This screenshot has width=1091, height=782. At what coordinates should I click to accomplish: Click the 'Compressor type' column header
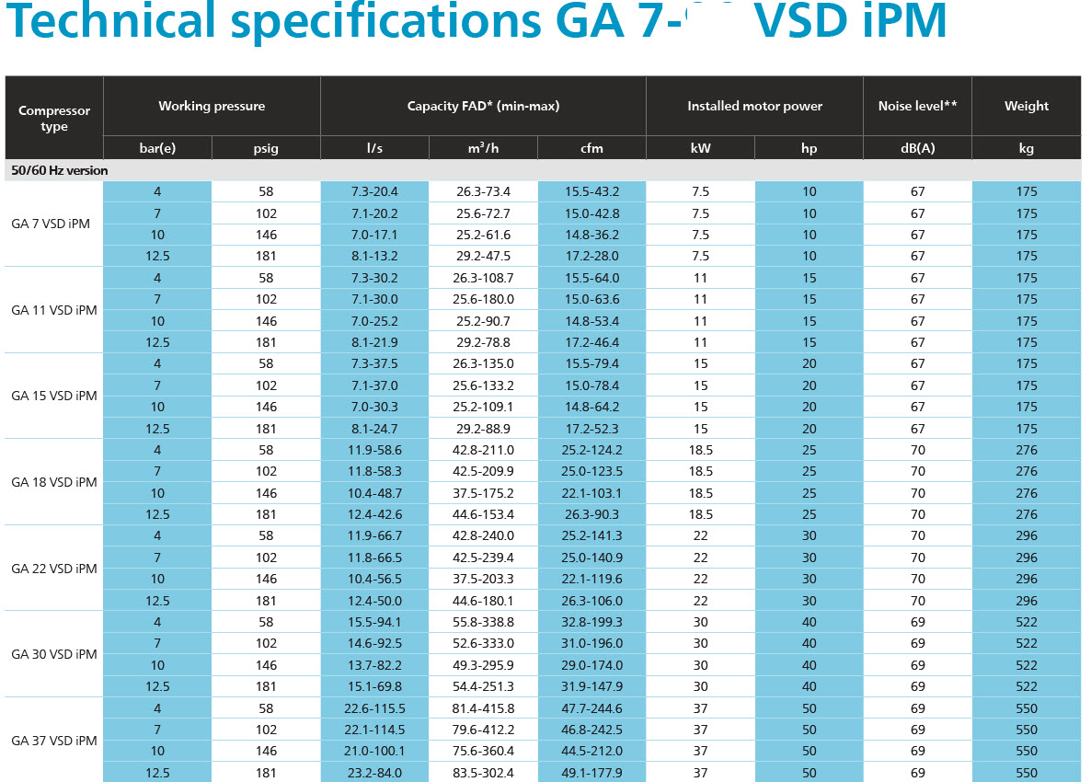pyautogui.click(x=54, y=118)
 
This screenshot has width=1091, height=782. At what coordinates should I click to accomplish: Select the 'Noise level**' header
pyautogui.click(x=917, y=106)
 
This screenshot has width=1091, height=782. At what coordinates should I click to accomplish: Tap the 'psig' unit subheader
pyautogui.click(x=266, y=148)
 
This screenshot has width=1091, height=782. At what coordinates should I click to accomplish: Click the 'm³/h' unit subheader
pyautogui.click(x=483, y=148)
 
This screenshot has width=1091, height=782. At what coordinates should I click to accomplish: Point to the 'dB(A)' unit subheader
pyautogui.click(x=917, y=148)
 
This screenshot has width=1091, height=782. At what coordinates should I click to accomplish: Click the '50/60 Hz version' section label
pyautogui.click(x=60, y=170)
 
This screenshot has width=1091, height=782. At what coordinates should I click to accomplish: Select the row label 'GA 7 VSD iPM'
pyautogui.click(x=51, y=224)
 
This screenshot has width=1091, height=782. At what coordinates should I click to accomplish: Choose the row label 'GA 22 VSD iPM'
pyautogui.click(x=54, y=569)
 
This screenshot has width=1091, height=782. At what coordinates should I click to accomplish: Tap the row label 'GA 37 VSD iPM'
pyautogui.click(x=54, y=741)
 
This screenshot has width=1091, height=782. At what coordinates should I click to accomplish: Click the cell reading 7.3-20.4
pyautogui.click(x=374, y=191)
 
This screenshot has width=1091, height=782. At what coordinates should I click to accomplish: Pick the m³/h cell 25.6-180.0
pyautogui.click(x=483, y=299)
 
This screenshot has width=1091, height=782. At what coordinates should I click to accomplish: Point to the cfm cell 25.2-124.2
pyautogui.click(x=591, y=450)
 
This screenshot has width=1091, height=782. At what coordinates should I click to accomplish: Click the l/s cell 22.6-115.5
pyautogui.click(x=374, y=708)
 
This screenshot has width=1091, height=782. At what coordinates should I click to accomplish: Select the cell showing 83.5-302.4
pyautogui.click(x=483, y=773)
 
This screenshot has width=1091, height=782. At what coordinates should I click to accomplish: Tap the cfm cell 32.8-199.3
pyautogui.click(x=591, y=622)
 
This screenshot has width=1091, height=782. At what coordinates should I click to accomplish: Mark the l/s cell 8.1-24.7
pyautogui.click(x=374, y=429)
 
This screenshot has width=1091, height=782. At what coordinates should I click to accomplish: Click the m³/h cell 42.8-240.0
pyautogui.click(x=483, y=535)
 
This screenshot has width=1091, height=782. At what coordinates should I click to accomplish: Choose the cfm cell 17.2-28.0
pyautogui.click(x=591, y=256)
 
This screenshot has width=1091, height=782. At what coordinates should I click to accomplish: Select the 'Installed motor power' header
pyautogui.click(x=754, y=106)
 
